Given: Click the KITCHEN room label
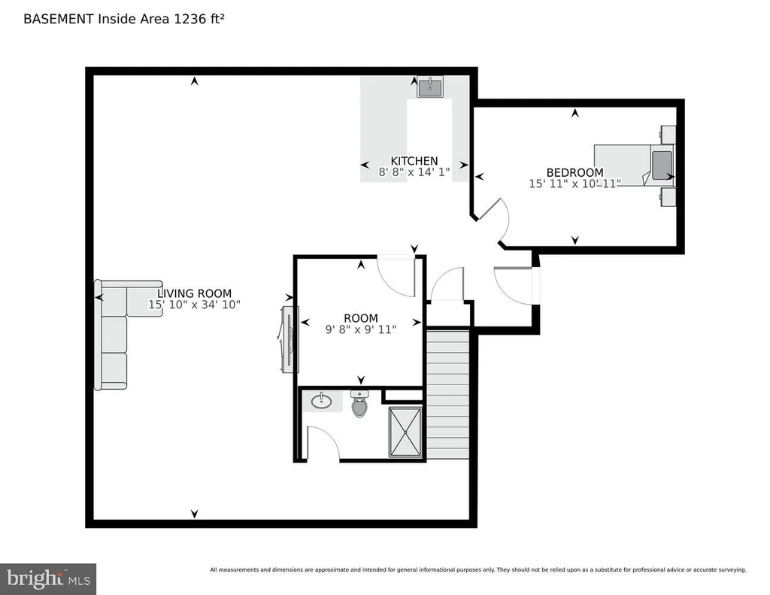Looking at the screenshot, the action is pos(414,161).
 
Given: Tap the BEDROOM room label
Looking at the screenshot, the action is pos(575,172).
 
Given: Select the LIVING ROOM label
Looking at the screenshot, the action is pos(195,293).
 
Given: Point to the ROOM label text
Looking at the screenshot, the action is pos(361,318).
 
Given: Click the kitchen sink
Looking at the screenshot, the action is pos(430,87).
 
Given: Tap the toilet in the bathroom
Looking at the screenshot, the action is pos(359,403).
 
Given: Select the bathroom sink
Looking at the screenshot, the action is pos(322,400).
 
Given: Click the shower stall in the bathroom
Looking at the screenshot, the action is pos(405,432).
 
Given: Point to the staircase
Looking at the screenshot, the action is pos(447,395).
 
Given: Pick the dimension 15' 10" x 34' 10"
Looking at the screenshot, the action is pos(195,305).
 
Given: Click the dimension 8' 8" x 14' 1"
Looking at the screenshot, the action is pos(414,172).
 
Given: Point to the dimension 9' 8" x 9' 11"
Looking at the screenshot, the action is pos(361,329).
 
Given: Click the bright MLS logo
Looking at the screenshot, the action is pos(48,578).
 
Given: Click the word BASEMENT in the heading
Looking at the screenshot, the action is pos(59,19).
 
